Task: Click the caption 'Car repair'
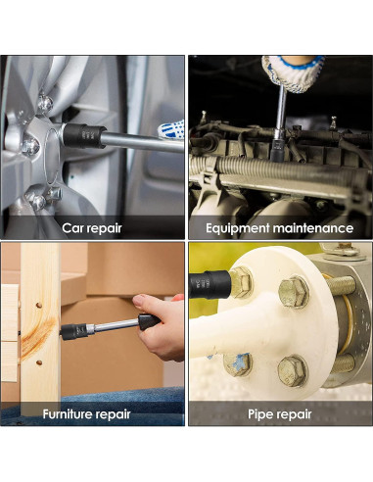(92, 228)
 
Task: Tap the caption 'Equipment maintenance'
(279, 228)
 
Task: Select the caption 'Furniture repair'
(86, 414)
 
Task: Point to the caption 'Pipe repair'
(280, 414)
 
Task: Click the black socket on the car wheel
(84, 136)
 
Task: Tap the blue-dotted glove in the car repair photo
(171, 130)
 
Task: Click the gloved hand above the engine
(292, 73)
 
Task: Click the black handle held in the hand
(149, 321)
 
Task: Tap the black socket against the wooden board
(73, 331)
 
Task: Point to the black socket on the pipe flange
(210, 284)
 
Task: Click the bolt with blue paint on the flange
(237, 363)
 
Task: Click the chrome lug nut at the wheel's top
(45, 104)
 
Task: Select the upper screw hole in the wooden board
(39, 306)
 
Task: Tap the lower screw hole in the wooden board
(39, 362)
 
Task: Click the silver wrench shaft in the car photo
(142, 142)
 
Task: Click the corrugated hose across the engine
(287, 168)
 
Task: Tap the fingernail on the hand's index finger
(138, 301)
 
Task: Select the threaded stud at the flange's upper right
(340, 286)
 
